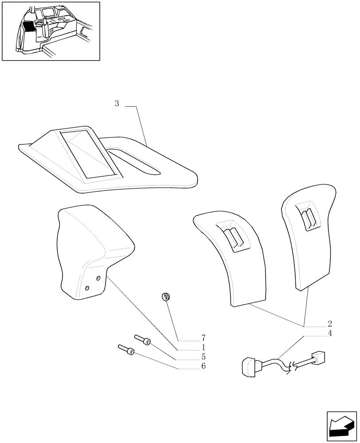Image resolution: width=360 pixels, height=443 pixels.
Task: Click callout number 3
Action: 117,104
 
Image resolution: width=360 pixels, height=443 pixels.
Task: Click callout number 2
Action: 329,323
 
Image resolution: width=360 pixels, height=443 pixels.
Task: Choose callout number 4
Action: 329,333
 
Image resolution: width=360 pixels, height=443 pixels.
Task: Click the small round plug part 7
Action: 167,297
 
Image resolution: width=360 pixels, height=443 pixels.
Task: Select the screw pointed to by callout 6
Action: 126,350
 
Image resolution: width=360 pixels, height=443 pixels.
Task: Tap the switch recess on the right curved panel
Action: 307,218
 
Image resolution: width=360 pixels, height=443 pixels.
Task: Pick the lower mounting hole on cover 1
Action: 87,288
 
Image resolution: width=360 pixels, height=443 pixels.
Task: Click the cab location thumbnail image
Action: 51,31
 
